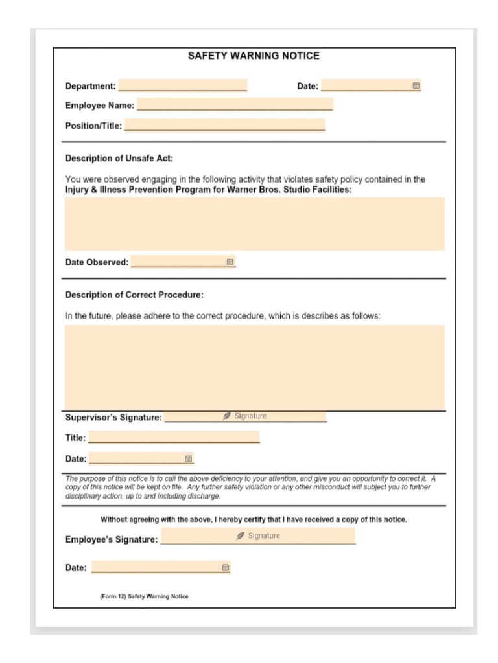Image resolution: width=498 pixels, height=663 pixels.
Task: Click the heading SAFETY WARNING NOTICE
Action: (254, 56)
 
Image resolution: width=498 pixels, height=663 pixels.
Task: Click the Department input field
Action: (182, 85)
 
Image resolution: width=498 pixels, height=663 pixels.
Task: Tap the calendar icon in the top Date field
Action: (416, 85)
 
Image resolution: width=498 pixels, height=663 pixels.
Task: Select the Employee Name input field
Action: (234, 105)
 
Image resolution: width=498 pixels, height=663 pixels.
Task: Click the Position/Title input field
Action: (224, 126)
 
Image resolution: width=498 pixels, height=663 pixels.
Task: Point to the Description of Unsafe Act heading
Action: (119, 158)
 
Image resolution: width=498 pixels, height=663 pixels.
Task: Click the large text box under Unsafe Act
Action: (254, 223)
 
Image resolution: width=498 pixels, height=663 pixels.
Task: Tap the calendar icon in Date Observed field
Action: (230, 262)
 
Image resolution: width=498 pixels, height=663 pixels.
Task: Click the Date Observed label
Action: (97, 262)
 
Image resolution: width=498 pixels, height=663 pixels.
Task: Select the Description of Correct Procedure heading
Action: (134, 295)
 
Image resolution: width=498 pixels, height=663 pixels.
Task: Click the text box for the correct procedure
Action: (254, 367)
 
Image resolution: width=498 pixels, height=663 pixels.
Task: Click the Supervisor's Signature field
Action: (245, 416)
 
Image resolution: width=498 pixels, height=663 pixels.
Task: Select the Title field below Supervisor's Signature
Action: (174, 438)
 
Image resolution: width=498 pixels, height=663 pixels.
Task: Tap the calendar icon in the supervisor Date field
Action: (189, 458)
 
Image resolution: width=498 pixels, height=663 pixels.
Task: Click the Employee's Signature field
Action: (257, 536)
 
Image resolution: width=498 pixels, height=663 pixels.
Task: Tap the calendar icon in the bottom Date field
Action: (226, 567)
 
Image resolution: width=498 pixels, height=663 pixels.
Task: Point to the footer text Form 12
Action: (144, 596)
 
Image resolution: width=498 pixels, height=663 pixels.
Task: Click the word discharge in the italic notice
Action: (204, 497)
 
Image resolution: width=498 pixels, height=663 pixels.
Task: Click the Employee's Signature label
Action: (111, 539)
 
